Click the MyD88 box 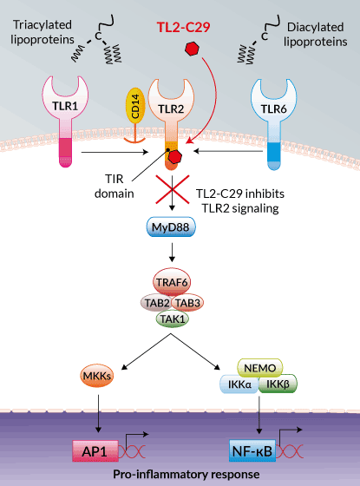(x=171, y=227)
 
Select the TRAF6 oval (x=172, y=282)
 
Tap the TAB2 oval (x=157, y=303)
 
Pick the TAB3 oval (x=187, y=303)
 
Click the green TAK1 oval (x=173, y=319)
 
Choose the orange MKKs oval (x=97, y=376)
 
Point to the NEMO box (x=260, y=368)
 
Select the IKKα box (x=239, y=384)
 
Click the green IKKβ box (x=278, y=384)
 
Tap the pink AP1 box (x=95, y=451)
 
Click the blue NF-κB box (x=252, y=451)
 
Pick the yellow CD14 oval (x=135, y=106)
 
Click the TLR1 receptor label (x=65, y=106)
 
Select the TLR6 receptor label (x=273, y=109)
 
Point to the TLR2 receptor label (x=171, y=109)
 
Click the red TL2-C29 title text (x=183, y=27)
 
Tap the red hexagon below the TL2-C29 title (x=192, y=49)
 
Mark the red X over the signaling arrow (x=173, y=189)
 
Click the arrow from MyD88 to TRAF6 (x=172, y=253)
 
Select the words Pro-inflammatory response (x=187, y=474)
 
